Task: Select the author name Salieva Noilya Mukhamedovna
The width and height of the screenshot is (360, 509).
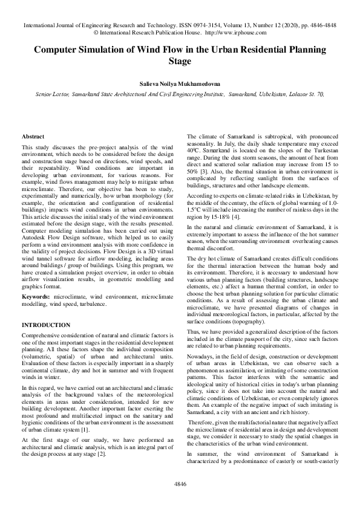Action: click(180, 83)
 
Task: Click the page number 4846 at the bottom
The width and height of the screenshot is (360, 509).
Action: click(180, 484)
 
